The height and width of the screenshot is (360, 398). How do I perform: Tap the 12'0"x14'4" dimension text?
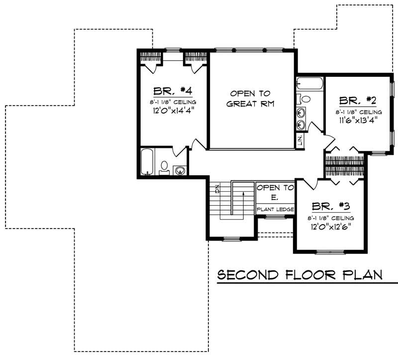click(x=173, y=111)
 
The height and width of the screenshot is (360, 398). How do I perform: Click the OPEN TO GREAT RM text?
click(x=250, y=99)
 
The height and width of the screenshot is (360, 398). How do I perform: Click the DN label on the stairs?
click(x=217, y=189)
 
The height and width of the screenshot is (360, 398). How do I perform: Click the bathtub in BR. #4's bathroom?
click(x=147, y=162)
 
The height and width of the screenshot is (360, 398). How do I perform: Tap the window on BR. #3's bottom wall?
click(x=330, y=252)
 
